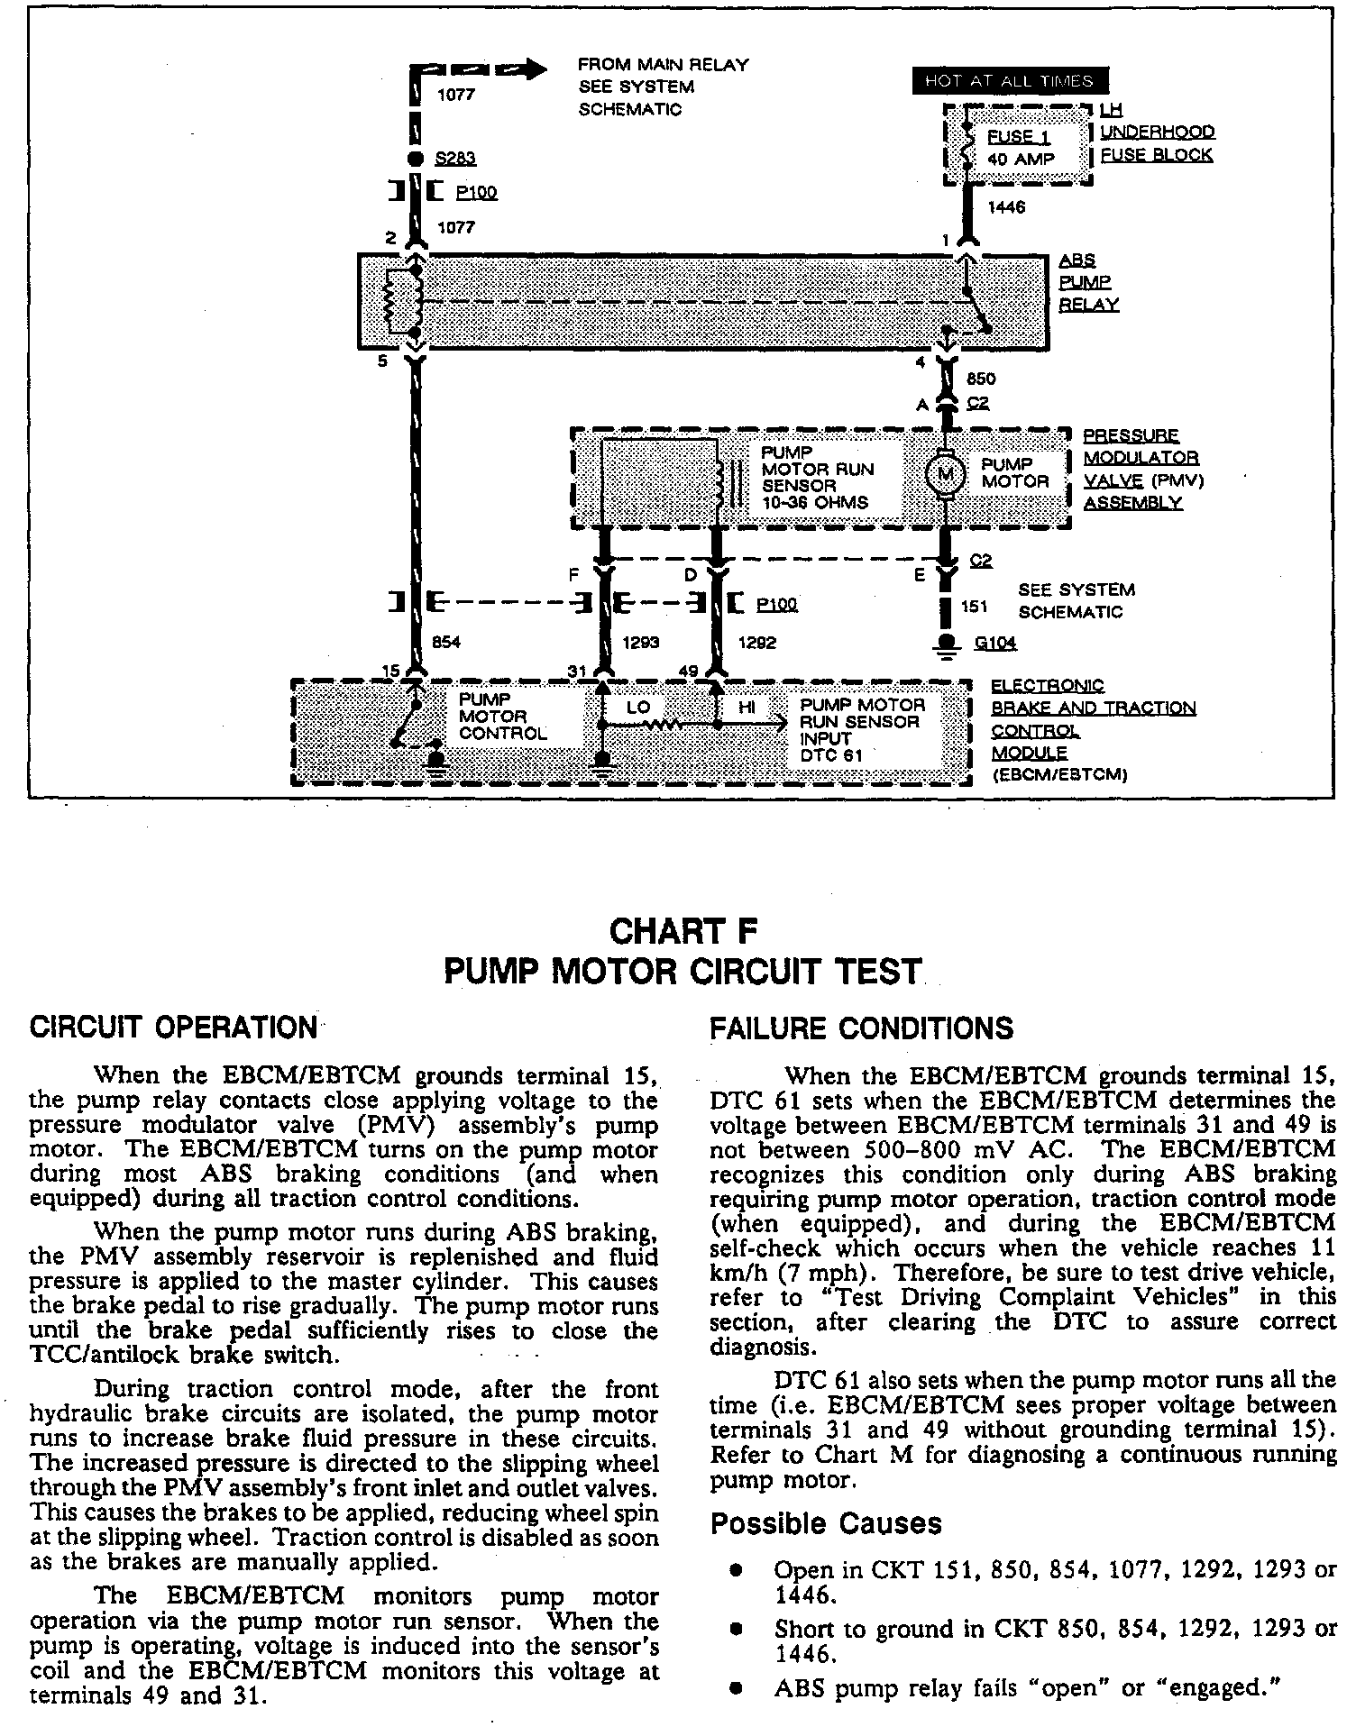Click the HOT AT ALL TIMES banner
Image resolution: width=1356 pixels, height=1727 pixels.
click(x=1010, y=81)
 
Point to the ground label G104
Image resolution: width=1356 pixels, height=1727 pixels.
click(x=996, y=643)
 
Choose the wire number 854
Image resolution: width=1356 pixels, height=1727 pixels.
click(x=447, y=643)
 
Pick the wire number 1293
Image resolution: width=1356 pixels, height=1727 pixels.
click(x=641, y=643)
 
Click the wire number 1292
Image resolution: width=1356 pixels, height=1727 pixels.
click(x=756, y=643)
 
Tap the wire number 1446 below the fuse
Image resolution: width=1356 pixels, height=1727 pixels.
click(x=1006, y=208)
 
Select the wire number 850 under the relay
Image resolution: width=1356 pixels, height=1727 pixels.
click(x=981, y=379)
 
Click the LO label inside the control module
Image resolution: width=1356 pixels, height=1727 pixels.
click(x=638, y=708)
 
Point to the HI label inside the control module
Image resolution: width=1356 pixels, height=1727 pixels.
click(x=747, y=708)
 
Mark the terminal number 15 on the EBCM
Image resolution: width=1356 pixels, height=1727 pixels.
click(x=390, y=671)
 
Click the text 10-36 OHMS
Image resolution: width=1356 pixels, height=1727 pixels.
click(x=815, y=503)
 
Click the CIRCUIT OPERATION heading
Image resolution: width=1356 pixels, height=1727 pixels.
click(x=173, y=1027)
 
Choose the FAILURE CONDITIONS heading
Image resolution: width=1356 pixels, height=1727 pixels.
click(x=862, y=1028)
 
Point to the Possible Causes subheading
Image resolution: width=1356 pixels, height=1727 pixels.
click(x=826, y=1522)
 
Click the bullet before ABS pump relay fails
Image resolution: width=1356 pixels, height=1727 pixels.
click(x=737, y=1687)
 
